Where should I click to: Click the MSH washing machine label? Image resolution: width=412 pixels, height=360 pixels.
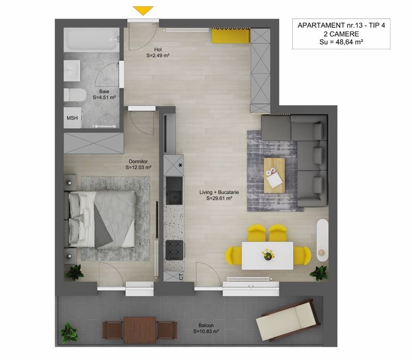pyautogui.click(x=72, y=118)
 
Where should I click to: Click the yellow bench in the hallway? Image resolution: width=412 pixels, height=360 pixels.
pyautogui.click(x=230, y=36)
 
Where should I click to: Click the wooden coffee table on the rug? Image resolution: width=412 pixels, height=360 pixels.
pyautogui.click(x=274, y=175)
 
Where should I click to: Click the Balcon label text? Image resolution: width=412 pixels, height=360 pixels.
pyautogui.click(x=206, y=326)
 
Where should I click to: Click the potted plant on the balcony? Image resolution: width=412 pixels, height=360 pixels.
pyautogui.click(x=67, y=329)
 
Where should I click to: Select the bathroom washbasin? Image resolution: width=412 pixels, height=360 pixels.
pyautogui.click(x=73, y=70)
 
